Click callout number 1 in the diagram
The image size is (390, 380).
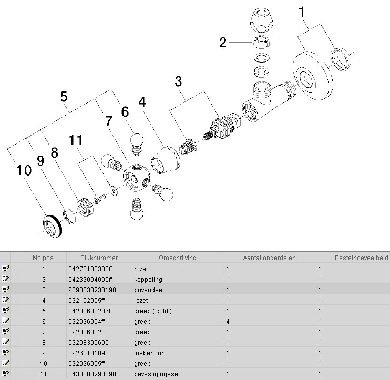302,12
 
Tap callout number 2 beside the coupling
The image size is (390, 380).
223,43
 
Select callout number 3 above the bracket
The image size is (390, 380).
179,81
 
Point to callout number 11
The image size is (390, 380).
77,140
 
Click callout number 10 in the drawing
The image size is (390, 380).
24,170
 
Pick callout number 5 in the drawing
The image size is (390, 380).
64,97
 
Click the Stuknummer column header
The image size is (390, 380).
99,258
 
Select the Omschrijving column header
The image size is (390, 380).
178,258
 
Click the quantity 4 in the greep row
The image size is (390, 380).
228,321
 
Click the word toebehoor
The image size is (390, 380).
149,353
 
